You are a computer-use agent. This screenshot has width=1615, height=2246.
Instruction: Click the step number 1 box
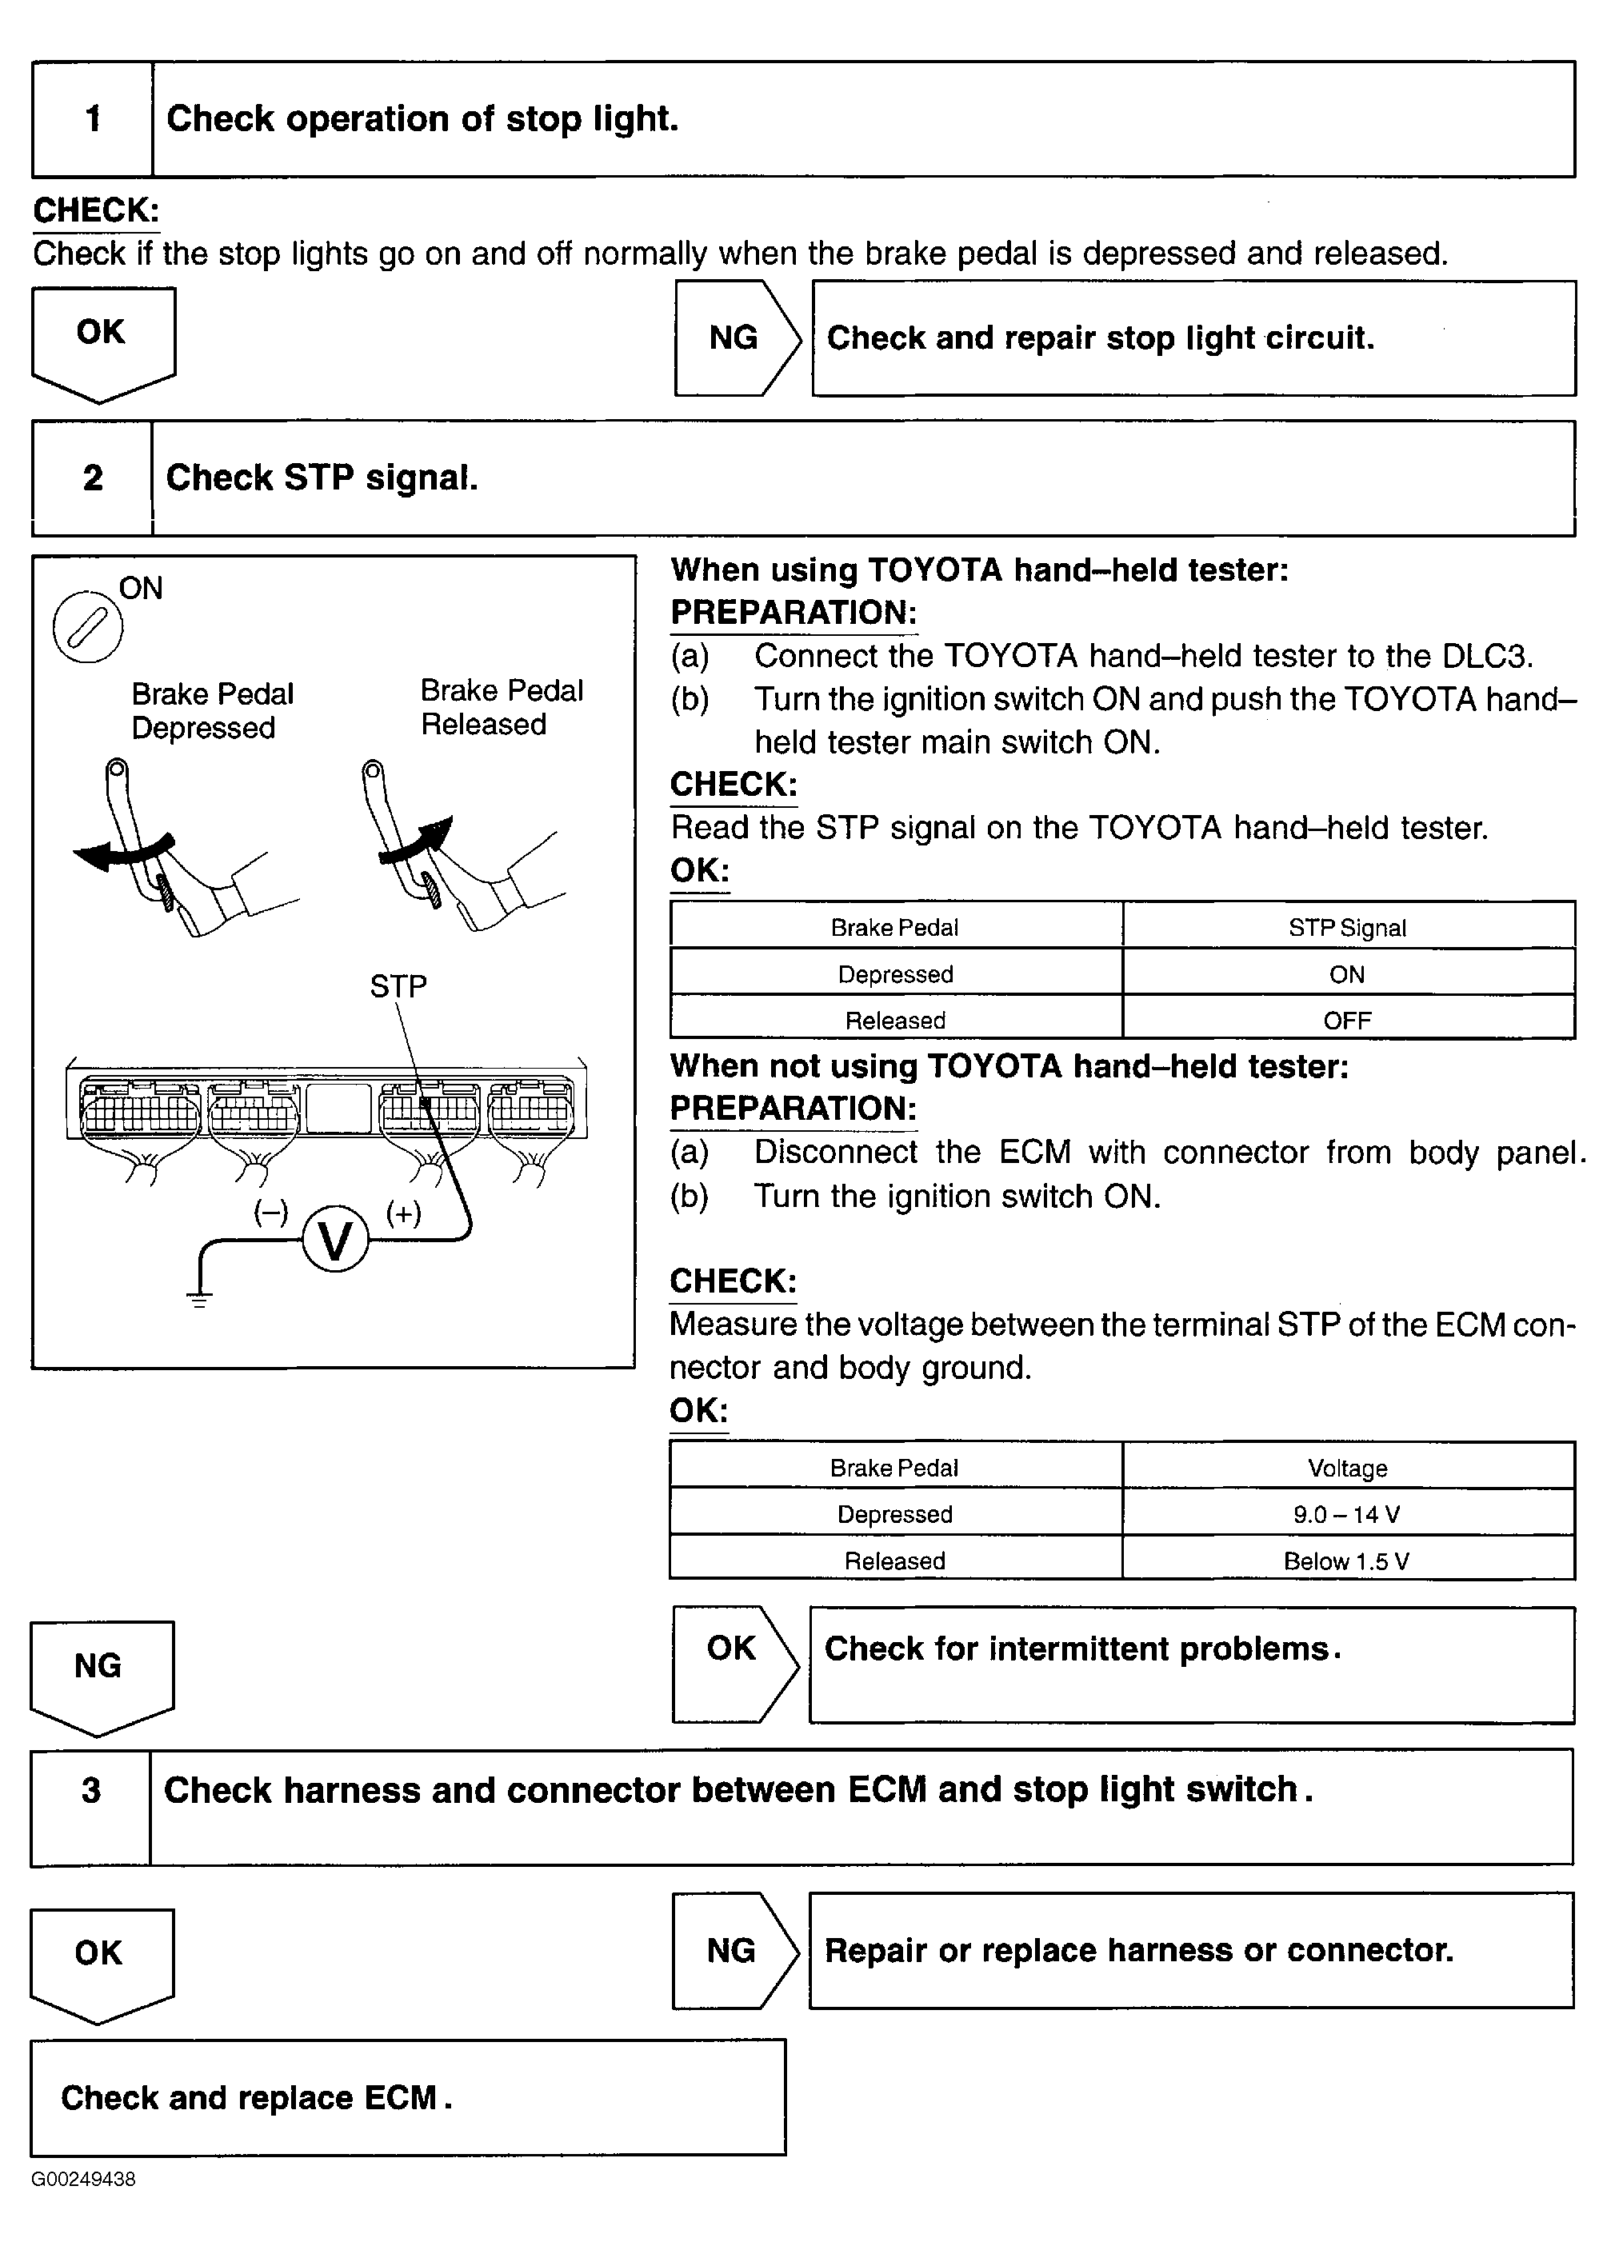point(92,120)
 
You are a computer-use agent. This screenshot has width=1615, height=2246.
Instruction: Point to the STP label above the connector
point(398,986)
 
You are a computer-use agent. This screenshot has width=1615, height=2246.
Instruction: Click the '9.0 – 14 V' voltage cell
point(1347,1514)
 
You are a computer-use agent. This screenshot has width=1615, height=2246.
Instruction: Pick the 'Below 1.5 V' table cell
point(1347,1561)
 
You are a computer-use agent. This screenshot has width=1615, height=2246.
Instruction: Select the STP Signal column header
point(1347,928)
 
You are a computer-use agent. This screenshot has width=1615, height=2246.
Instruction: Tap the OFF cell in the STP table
point(1347,1020)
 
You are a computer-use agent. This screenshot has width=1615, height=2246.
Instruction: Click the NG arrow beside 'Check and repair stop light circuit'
point(735,338)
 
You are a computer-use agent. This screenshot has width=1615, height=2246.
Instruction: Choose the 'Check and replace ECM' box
point(407,2097)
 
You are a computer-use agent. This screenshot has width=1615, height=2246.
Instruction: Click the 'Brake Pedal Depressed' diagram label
point(212,711)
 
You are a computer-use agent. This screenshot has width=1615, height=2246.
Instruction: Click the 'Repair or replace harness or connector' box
point(1191,1951)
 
